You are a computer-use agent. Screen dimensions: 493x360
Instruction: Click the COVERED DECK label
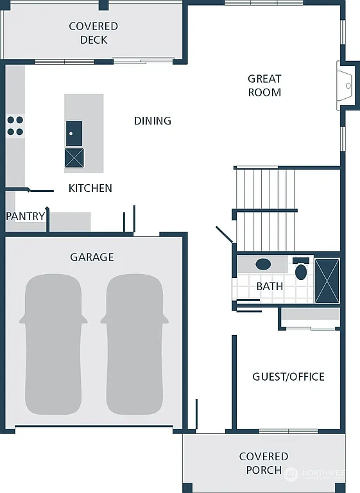tap(93, 33)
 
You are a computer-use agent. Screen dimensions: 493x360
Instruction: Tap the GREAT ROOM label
tap(264, 85)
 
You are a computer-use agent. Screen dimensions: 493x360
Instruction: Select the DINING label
tap(152, 121)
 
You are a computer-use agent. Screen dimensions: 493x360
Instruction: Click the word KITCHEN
tap(90, 188)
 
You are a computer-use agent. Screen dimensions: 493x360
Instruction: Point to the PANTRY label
tap(26, 216)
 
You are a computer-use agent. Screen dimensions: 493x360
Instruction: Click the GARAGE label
tap(92, 257)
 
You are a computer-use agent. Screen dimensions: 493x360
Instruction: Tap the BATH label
tap(270, 286)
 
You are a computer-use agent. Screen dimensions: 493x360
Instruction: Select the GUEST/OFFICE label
tap(288, 376)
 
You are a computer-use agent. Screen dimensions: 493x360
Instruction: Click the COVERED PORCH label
tap(264, 463)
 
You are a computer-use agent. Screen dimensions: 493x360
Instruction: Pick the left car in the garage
tap(54, 343)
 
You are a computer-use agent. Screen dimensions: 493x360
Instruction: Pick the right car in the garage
tap(135, 343)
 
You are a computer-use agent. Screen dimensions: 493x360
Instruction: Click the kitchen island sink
tap(74, 133)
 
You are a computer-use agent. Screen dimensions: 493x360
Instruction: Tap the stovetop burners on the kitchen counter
tap(15, 125)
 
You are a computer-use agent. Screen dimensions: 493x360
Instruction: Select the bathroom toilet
tap(301, 269)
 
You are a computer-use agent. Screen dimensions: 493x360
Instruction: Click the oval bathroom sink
tap(263, 264)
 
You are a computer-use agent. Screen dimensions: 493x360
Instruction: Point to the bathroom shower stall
tap(327, 280)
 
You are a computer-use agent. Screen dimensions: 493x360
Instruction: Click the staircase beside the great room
tap(265, 209)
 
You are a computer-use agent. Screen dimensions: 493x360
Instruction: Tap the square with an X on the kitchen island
tap(74, 157)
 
